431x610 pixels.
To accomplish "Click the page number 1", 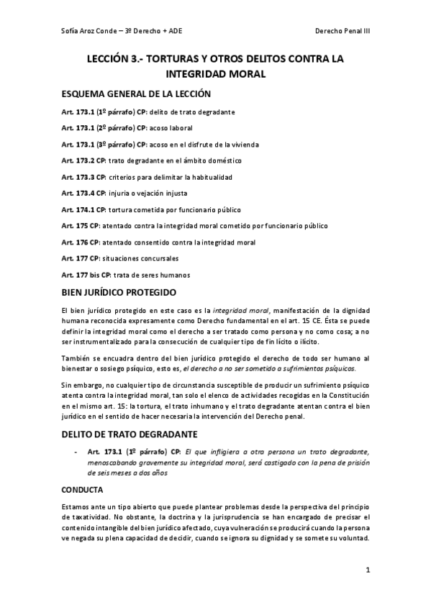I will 367,571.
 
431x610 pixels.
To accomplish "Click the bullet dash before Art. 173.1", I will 76,452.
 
